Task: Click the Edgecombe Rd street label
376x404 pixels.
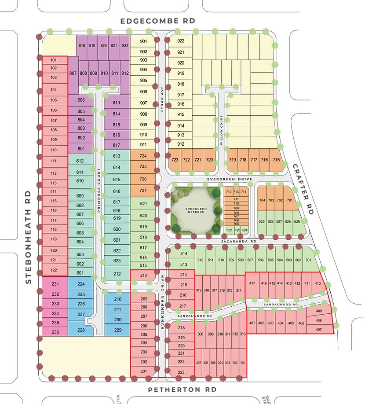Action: tap(158, 21)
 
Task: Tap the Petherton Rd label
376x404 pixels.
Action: tap(182, 389)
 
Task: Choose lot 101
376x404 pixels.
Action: tap(54, 60)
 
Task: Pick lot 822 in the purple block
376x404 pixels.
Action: tap(125, 46)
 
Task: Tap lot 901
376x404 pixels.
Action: tap(143, 41)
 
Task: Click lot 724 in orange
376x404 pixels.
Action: tap(143, 156)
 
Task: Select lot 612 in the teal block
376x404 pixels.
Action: tap(80, 161)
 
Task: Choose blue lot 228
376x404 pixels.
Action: tap(80, 330)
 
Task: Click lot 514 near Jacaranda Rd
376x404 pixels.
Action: tap(184, 254)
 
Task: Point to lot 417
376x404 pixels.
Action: tap(252, 283)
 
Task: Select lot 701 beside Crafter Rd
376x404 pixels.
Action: tap(290, 201)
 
